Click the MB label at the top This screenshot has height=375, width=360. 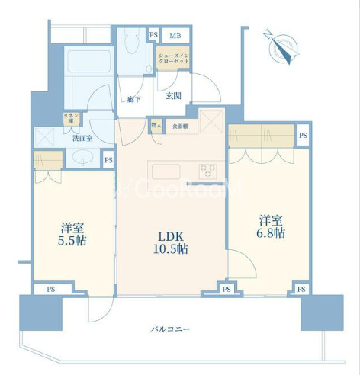tap(175, 34)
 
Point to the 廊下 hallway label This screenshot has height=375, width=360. tap(134, 99)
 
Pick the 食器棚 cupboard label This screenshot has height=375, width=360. tap(180, 127)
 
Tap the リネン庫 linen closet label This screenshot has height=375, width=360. tap(69, 119)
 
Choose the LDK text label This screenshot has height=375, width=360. tap(170, 233)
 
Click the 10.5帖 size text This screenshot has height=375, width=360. tap(170, 249)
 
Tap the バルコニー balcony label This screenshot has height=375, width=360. tap(170, 329)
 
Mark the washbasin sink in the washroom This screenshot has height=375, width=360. tap(82, 159)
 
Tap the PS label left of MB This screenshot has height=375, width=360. tap(153, 34)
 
